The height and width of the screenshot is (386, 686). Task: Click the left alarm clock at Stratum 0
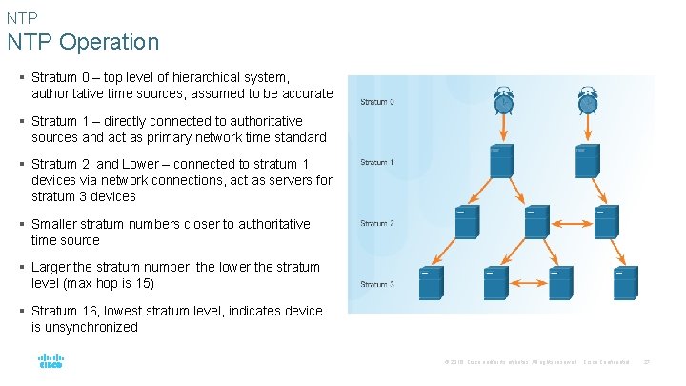(504, 102)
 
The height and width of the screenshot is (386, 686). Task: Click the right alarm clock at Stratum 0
(588, 102)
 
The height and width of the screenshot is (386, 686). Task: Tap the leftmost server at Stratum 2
(467, 223)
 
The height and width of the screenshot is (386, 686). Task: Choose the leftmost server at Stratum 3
(432, 283)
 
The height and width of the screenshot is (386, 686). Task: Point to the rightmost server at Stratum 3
(625, 283)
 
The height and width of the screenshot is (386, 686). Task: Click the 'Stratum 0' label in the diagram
(377, 102)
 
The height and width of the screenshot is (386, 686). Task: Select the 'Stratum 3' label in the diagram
(377, 284)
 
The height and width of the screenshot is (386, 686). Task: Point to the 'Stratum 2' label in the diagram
(377, 223)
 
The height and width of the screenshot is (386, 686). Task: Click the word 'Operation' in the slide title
(110, 42)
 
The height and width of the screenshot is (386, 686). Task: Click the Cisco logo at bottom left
(50, 362)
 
